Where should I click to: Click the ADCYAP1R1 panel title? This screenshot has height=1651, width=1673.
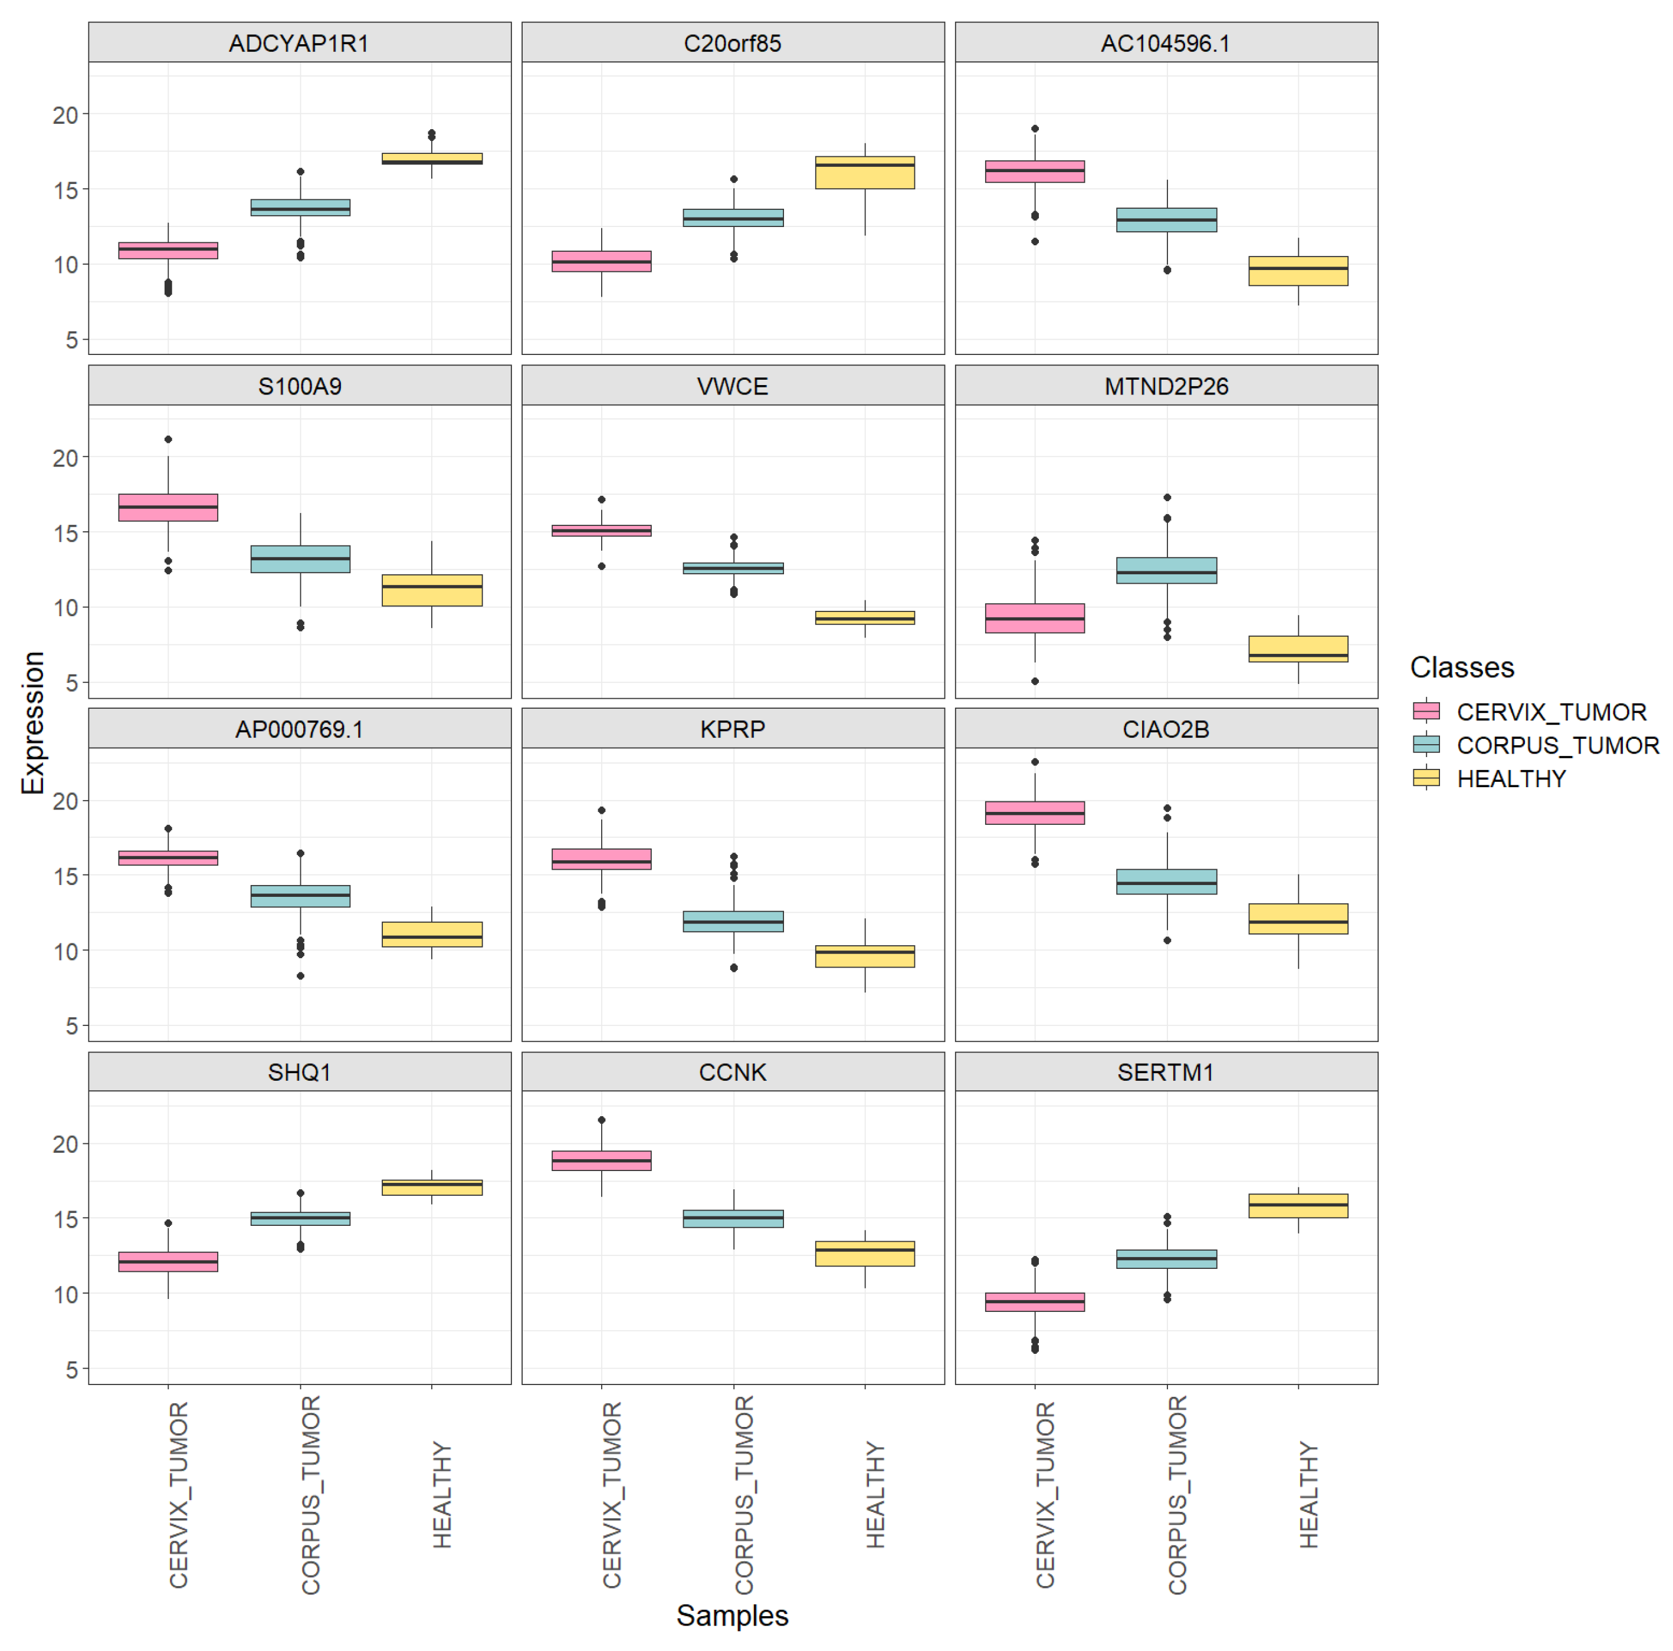tap(298, 43)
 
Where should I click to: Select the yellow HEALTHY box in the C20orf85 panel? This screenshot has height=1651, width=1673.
tap(864, 172)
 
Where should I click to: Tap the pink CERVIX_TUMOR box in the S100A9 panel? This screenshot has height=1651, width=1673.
tap(168, 507)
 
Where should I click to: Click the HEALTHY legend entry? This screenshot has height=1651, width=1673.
tap(1511, 778)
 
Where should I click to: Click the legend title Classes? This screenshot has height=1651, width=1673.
tap(1462, 667)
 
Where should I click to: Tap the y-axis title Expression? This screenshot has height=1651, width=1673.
tap(33, 722)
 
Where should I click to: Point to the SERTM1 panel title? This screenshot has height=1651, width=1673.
tap(1166, 1072)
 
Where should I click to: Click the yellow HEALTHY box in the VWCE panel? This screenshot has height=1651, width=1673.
tap(864, 617)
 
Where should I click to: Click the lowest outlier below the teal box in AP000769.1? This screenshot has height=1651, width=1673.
tap(300, 976)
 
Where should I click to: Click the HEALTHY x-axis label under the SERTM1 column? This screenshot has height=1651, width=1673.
tap(1308, 1494)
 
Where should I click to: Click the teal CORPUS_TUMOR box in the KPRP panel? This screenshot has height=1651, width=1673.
tap(733, 920)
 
